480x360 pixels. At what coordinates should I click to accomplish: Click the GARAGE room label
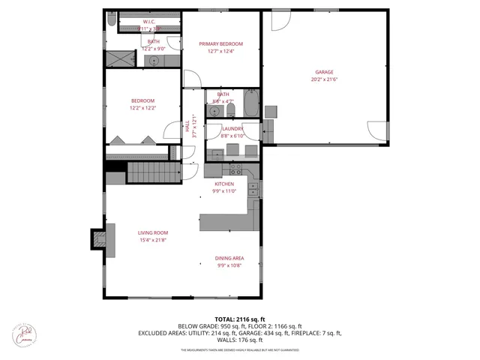pos(324,72)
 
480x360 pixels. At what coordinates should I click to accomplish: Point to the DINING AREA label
pos(230,258)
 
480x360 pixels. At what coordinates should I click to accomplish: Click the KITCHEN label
pos(225,184)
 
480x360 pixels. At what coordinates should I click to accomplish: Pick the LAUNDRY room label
pos(232,128)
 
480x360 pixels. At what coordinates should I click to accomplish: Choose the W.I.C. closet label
pos(148,22)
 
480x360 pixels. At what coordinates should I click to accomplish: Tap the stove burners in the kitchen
pos(254,189)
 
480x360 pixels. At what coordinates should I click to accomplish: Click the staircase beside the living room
pos(154,172)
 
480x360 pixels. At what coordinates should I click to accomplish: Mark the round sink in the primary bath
pos(155,60)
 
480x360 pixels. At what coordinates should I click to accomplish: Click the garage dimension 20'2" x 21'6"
pos(324,79)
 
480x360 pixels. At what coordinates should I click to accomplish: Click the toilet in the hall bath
pos(230,110)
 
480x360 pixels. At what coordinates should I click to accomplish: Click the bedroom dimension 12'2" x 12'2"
pos(142,108)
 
